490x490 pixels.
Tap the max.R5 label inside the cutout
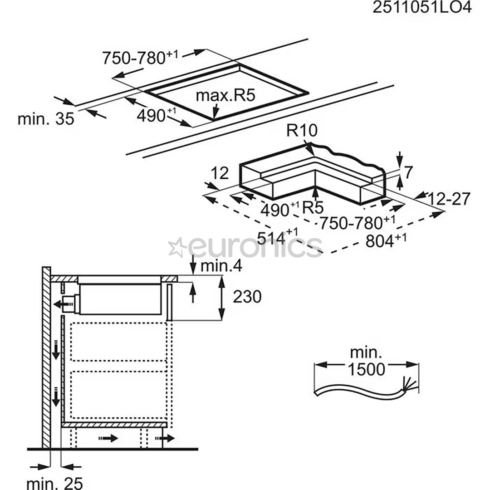pyautogui.click(x=226, y=95)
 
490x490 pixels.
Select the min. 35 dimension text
pyautogui.click(x=45, y=119)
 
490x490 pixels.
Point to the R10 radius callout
pyautogui.click(x=302, y=131)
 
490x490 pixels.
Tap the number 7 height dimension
pyautogui.click(x=408, y=172)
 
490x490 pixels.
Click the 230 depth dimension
pyautogui.click(x=247, y=297)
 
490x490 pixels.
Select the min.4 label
pyautogui.click(x=221, y=265)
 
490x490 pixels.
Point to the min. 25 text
pyautogui.click(x=54, y=483)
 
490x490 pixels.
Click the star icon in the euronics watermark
pyautogui.click(x=177, y=247)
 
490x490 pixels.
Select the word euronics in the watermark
pyautogui.click(x=254, y=247)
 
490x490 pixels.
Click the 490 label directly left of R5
pyautogui.click(x=278, y=209)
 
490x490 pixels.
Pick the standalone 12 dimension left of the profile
pyautogui.click(x=219, y=173)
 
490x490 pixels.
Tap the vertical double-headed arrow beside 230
pyautogui.click(x=222, y=297)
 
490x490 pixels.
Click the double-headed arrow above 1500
pyautogui.click(x=367, y=364)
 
